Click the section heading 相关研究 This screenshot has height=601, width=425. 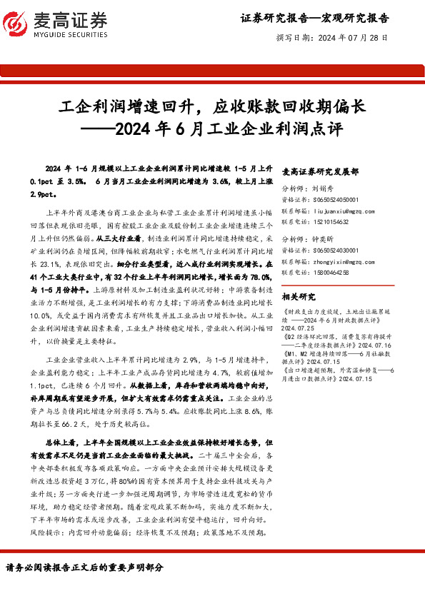coord(299,296)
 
